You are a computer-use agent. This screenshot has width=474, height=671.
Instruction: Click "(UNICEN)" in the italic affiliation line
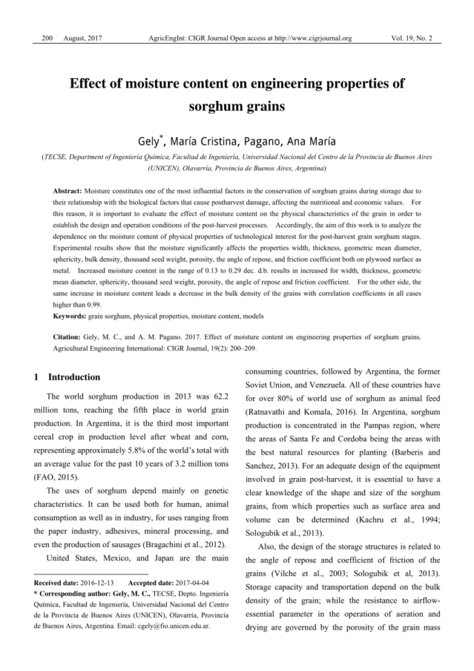(x=164, y=168)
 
